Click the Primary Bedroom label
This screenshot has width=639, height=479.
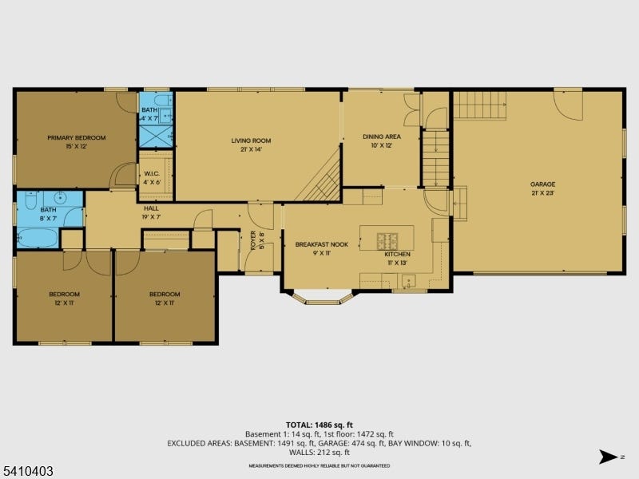tap(77, 137)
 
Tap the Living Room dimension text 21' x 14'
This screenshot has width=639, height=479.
tap(251, 149)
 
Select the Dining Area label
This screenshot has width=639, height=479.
tap(382, 137)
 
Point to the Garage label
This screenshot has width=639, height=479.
tap(543, 184)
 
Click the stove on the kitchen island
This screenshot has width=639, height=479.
tap(387, 241)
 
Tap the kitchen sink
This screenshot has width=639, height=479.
tap(408, 281)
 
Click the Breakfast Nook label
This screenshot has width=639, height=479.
tap(322, 244)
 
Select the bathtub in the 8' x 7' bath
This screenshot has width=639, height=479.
tap(38, 238)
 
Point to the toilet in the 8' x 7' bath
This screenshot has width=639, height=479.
tap(30, 200)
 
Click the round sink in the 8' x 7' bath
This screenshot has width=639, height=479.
tap(61, 198)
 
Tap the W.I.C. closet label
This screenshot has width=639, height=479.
tap(152, 174)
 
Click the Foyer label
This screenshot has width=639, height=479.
tap(253, 240)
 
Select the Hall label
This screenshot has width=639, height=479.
tap(151, 208)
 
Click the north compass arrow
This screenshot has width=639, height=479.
tap(608, 457)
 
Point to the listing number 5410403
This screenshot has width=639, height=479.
tap(27, 471)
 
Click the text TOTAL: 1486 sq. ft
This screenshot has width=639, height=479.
tap(319, 426)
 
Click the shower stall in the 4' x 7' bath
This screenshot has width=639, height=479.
tap(156, 137)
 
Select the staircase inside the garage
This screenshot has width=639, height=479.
tap(480, 105)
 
